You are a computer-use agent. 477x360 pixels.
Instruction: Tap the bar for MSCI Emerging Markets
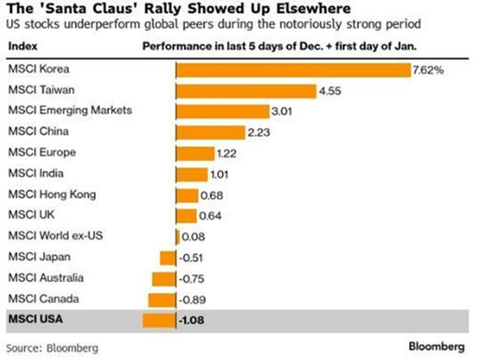[222, 111]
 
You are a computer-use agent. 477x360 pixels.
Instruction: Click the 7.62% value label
[429, 71]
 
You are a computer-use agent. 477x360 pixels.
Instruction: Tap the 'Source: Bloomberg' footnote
[52, 347]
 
